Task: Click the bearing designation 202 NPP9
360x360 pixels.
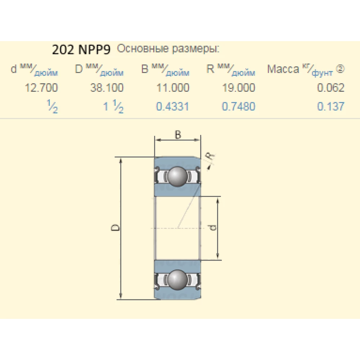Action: [81, 49]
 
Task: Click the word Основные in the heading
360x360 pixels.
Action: [143, 49]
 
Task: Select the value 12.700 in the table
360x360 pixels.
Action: [41, 88]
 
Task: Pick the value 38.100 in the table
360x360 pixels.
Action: [107, 88]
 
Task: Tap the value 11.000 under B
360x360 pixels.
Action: [173, 88]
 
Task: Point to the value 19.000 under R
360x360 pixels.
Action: [239, 88]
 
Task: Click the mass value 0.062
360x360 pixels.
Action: [331, 88]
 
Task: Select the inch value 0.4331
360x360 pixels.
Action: [173, 107]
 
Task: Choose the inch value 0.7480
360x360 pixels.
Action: [239, 107]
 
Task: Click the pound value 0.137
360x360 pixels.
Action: [331, 107]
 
